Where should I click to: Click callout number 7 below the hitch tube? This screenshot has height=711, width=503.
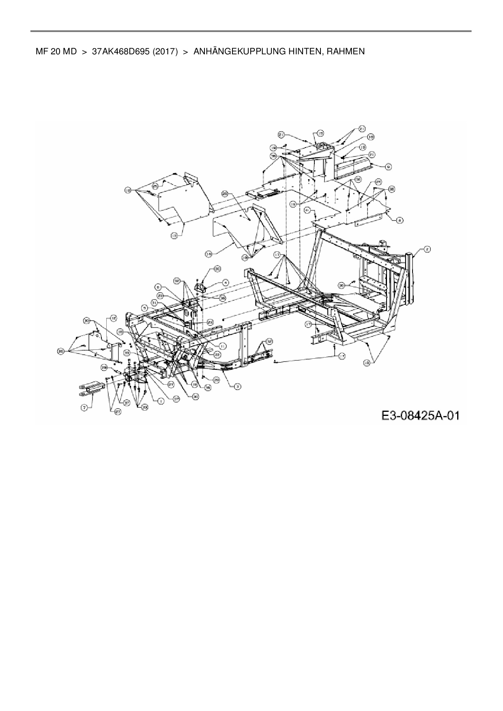pyautogui.click(x=84, y=408)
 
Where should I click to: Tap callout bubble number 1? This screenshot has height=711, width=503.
pyautogui.click(x=161, y=401)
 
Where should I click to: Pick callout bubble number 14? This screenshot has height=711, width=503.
pyautogui.click(x=209, y=254)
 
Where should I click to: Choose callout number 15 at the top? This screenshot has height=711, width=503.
pyautogui.click(x=320, y=133)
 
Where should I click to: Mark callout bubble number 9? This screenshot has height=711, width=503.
pyautogui.click(x=388, y=166)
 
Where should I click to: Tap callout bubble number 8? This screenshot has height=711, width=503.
pyautogui.click(x=400, y=220)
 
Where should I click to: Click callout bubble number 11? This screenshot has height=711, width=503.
pyautogui.click(x=223, y=346)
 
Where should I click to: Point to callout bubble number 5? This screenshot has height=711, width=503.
pyautogui.click(x=144, y=308)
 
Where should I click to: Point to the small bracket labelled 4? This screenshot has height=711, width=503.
pyautogui.click(x=202, y=289)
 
